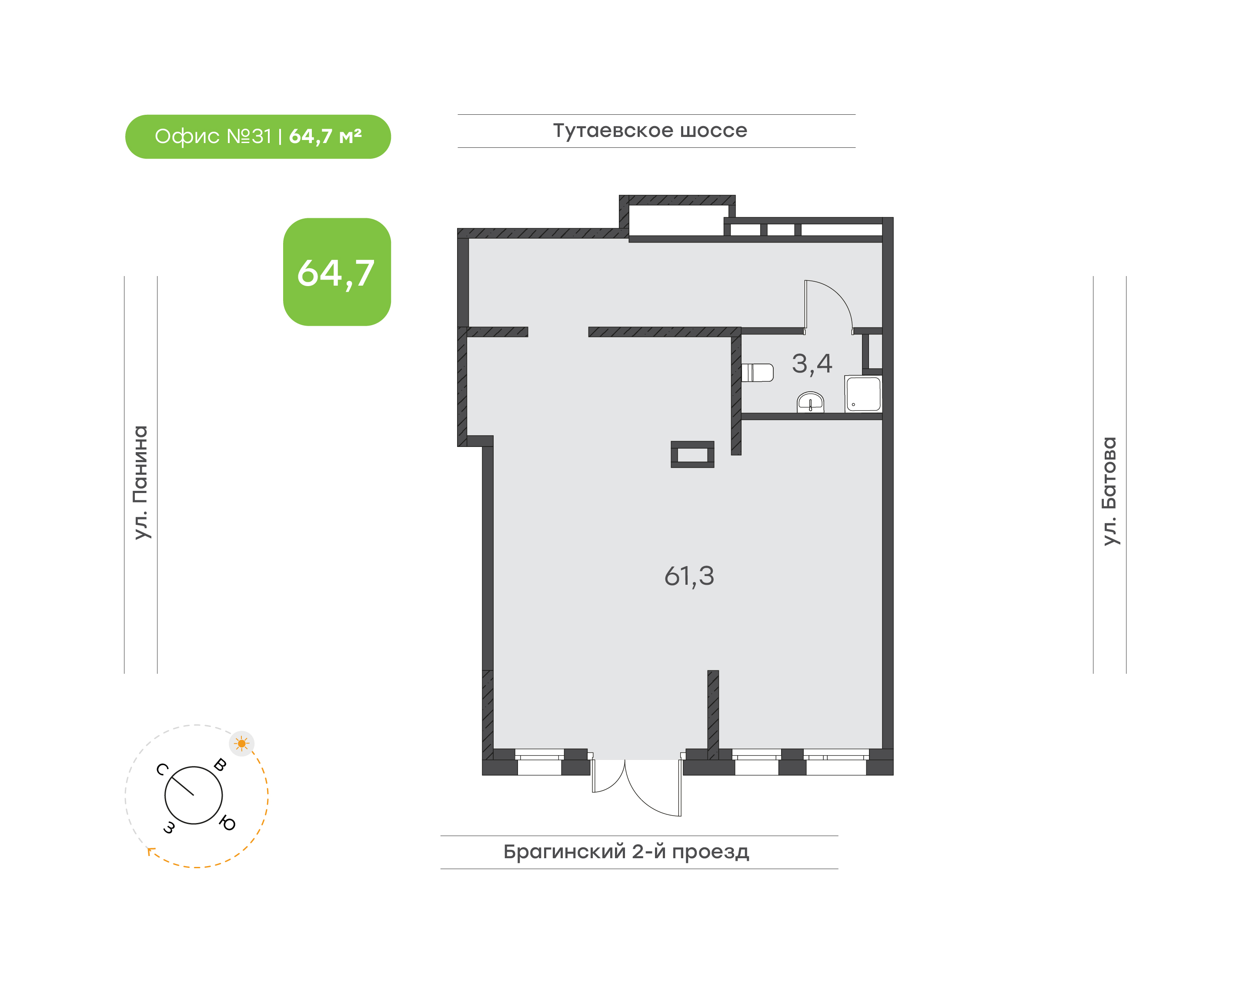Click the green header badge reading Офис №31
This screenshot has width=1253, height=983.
(x=258, y=137)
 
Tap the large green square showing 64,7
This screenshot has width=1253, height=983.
(x=337, y=272)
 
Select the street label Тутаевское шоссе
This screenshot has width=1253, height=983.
(x=650, y=130)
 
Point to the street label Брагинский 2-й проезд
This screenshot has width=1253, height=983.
(x=626, y=852)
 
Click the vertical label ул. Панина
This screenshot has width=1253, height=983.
(x=140, y=482)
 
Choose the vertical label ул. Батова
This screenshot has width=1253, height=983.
(x=1109, y=491)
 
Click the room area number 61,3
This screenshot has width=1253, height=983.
(x=689, y=576)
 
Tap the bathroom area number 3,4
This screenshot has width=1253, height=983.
(x=812, y=364)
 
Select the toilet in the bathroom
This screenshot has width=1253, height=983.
(x=757, y=373)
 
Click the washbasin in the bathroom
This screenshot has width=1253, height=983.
(x=810, y=402)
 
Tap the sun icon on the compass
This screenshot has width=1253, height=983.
(x=242, y=743)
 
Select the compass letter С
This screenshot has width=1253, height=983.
(x=162, y=770)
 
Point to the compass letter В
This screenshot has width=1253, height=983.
(x=220, y=765)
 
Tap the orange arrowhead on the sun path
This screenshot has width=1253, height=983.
(x=151, y=851)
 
